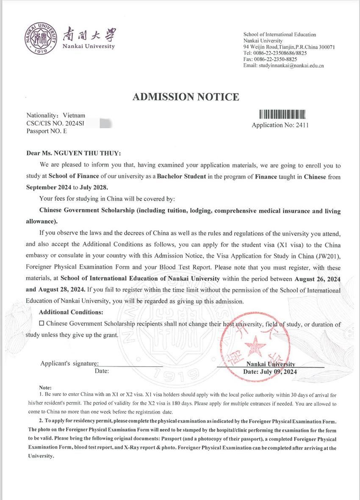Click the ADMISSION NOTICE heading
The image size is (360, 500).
point(186,97)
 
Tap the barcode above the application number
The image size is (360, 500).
point(282,114)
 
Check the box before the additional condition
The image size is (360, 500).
point(41,324)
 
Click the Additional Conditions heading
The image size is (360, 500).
point(71,312)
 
